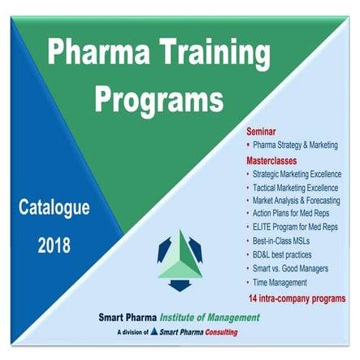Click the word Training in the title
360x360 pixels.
point(203,53)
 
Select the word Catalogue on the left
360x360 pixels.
point(54,208)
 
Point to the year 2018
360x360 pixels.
point(54,245)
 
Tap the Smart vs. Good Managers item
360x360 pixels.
point(288,269)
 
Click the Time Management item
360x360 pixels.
point(280,283)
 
